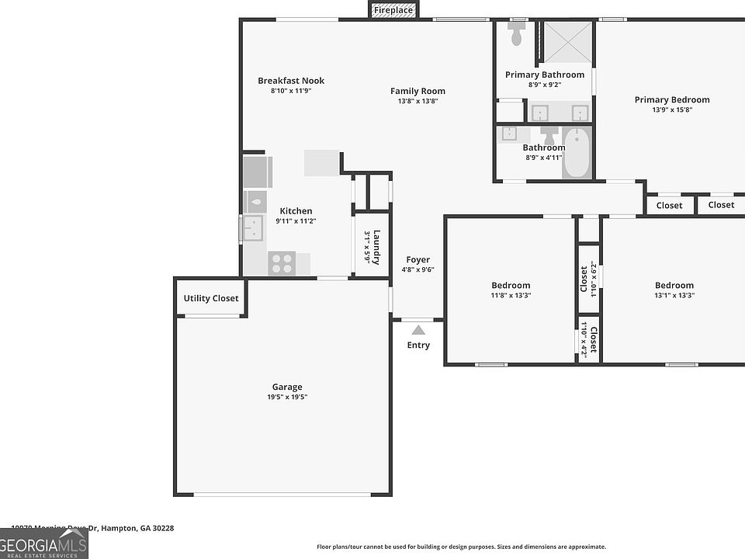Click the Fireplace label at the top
point(393,10)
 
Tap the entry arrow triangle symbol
point(418,330)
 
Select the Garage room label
point(286,387)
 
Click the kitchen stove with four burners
point(283,263)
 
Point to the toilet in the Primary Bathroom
point(517,34)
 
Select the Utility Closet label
point(211,298)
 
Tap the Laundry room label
point(376,247)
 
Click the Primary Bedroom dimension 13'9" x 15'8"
point(672,109)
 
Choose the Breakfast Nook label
point(291,81)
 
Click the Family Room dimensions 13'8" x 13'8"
point(418,101)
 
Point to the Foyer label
point(418,259)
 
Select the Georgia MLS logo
point(44,543)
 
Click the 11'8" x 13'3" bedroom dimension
point(510,295)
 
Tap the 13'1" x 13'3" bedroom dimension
point(674,295)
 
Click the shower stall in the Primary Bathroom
point(567,42)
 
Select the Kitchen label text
point(296,210)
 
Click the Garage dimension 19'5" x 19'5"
point(286,397)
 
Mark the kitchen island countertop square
point(321,163)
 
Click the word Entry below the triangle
point(418,345)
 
